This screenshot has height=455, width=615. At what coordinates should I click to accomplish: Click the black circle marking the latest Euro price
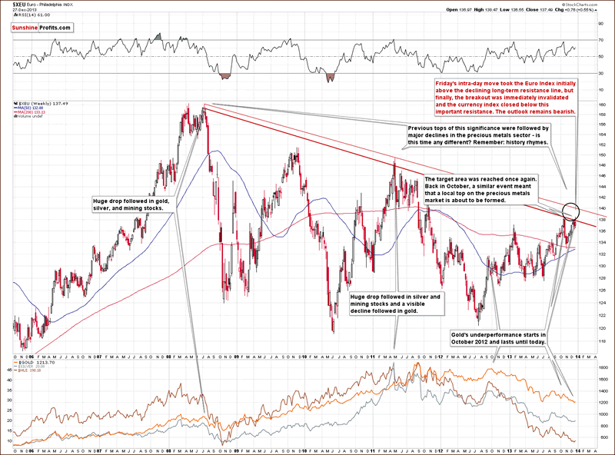(570, 211)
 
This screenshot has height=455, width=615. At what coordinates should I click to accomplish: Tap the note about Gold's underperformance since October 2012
(498, 340)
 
